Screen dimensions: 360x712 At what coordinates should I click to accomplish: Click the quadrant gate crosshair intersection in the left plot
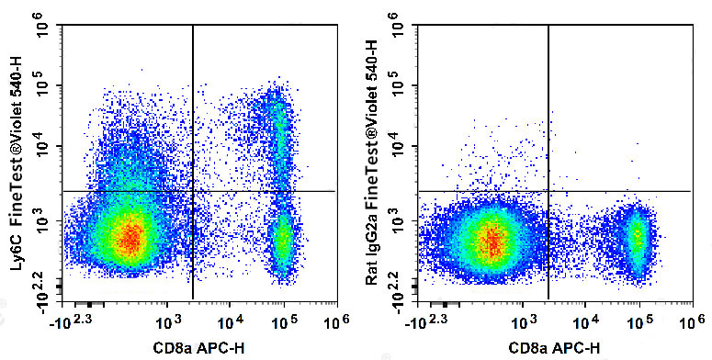pos(193,191)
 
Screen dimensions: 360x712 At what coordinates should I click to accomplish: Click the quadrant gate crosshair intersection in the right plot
pos(548,191)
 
